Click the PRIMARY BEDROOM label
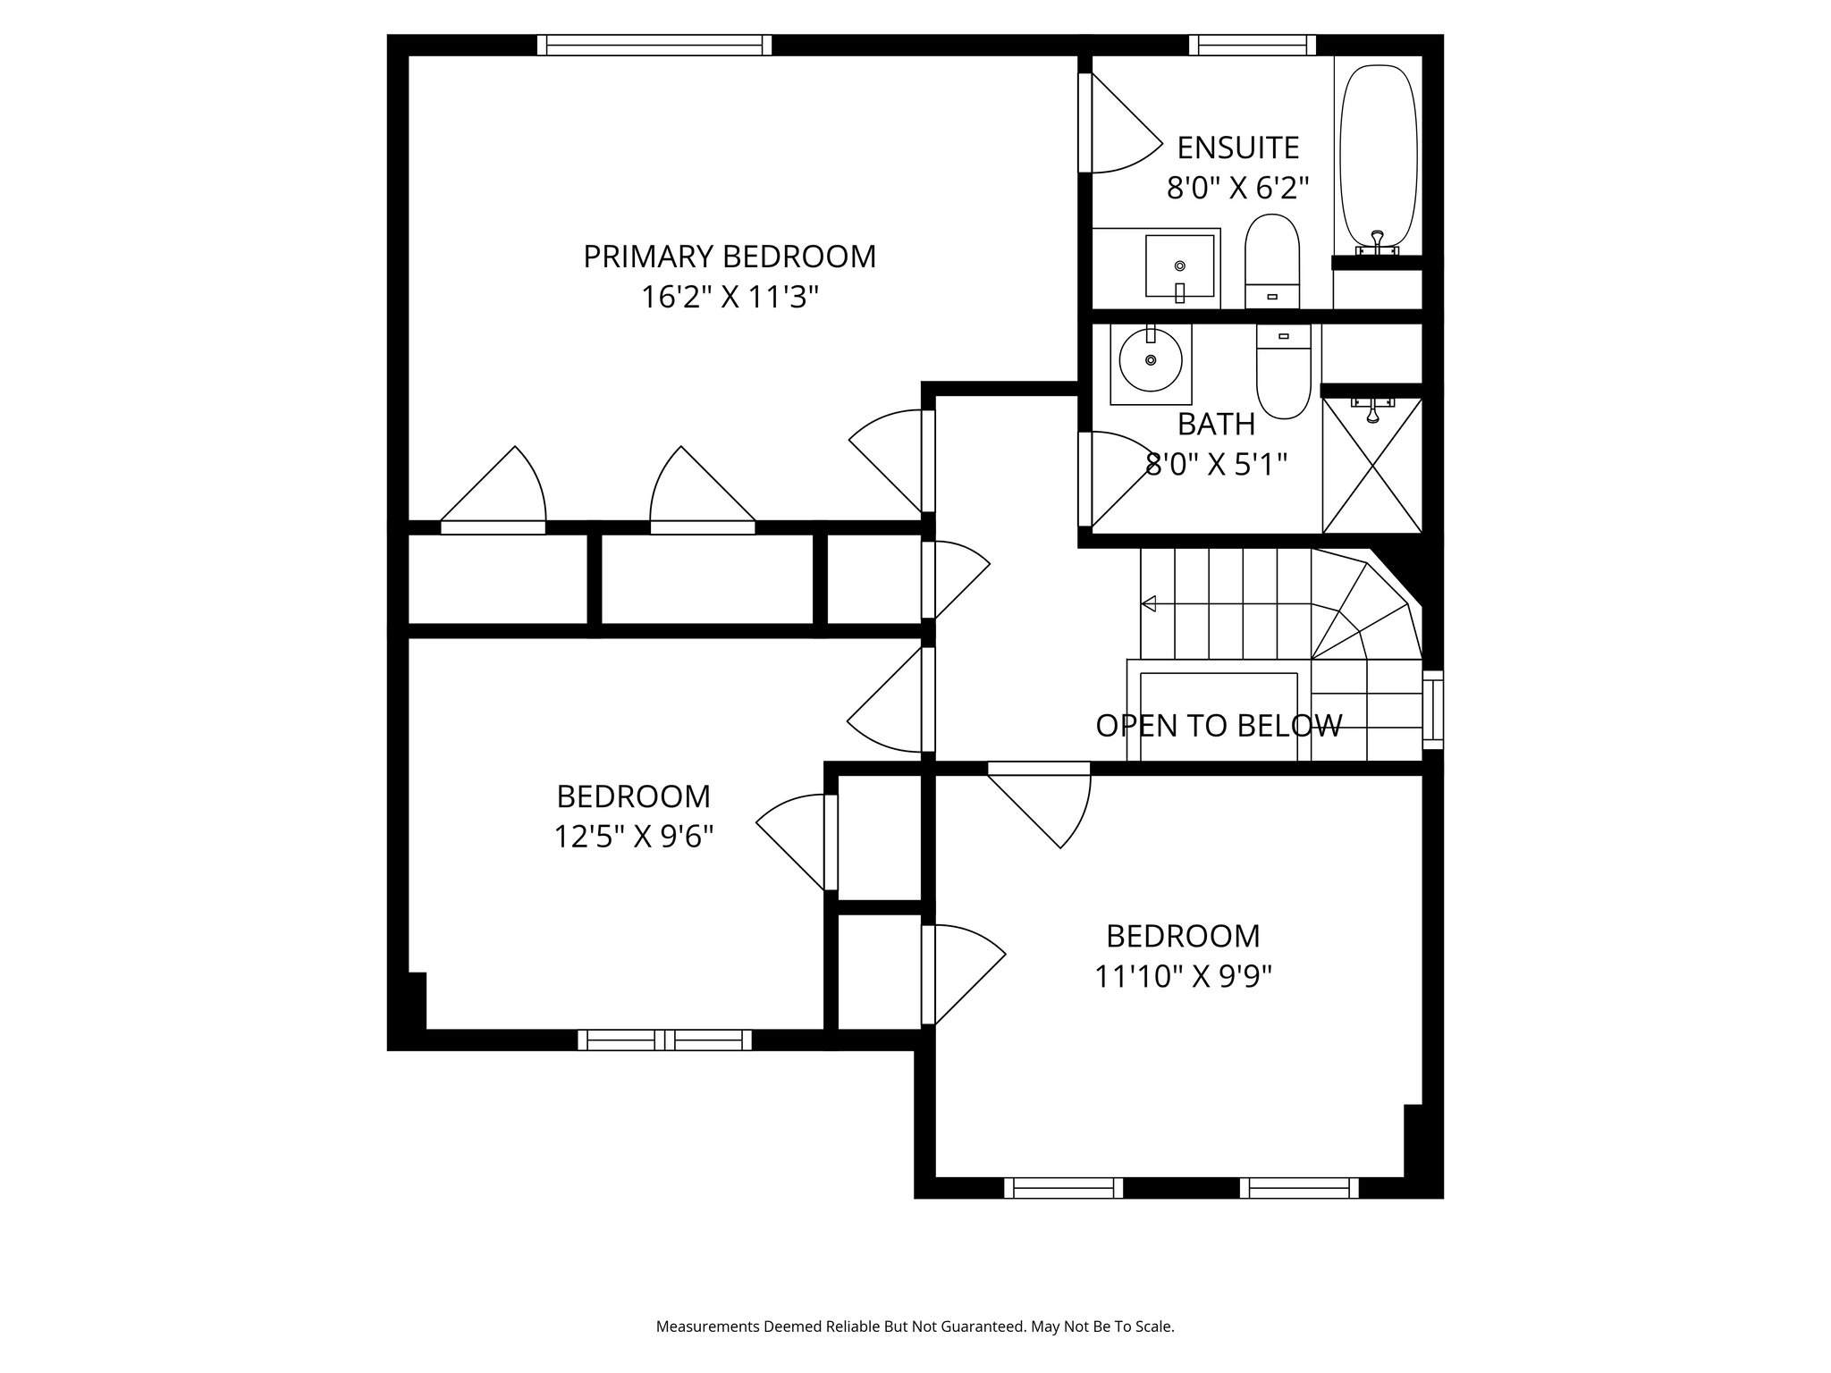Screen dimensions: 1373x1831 tap(730, 257)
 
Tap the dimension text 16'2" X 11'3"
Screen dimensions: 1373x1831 tap(730, 297)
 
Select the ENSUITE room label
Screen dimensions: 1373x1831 tap(1237, 147)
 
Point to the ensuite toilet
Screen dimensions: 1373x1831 tap(1272, 259)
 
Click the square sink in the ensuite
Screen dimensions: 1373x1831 tap(1180, 265)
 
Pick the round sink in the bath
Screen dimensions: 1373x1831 tap(1151, 359)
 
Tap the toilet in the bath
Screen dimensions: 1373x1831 tap(1283, 374)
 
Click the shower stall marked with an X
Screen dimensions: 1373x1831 tap(1372, 465)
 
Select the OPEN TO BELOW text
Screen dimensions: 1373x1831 tap(1219, 725)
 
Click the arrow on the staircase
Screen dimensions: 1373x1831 tap(1150, 604)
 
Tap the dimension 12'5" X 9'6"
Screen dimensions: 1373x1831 tap(633, 837)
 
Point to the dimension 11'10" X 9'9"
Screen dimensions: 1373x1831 tap(1183, 976)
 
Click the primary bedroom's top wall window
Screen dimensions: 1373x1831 tap(654, 45)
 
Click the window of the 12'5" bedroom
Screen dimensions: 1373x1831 tap(664, 1040)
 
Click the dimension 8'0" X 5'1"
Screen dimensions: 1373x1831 tap(1216, 464)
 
